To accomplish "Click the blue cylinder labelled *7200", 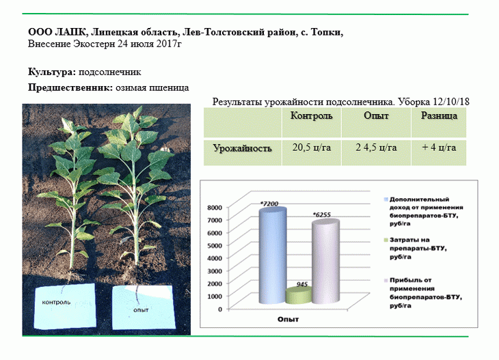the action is [273, 255].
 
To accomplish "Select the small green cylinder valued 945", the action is [299, 296].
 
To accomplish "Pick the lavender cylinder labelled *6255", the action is [325, 262].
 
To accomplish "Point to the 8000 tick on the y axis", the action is [215, 208].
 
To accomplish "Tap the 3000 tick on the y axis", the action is [215, 271].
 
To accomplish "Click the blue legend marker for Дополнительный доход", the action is [386, 199].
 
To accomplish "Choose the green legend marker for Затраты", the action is [386, 240].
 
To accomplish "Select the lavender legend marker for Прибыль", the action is [386, 281].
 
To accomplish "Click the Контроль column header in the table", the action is [311, 115].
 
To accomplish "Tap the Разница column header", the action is [439, 115].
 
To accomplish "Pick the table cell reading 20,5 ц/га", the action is [312, 148].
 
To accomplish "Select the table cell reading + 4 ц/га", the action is [439, 148].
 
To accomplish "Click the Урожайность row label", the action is [242, 148].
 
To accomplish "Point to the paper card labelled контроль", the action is [65, 306].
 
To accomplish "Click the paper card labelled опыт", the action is [144, 307].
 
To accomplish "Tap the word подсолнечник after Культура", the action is [110, 72].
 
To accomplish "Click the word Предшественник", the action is [70, 87].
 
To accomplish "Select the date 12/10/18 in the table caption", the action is [451, 102].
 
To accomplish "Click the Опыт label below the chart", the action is [288, 319].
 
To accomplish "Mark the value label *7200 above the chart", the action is [269, 204].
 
